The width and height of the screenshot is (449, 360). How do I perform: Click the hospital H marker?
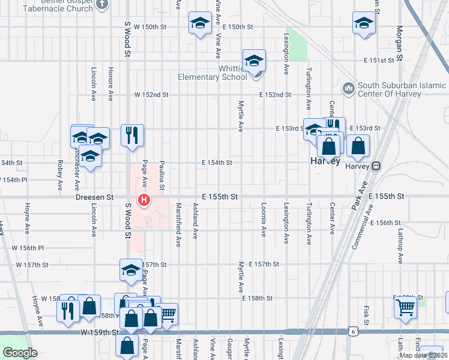(144, 200)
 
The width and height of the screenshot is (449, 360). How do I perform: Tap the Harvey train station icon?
(376, 166)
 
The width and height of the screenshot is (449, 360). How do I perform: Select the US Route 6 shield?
(353, 331)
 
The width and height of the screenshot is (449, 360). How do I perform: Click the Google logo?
(20, 353)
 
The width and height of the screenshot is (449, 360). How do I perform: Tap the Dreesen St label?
(95, 197)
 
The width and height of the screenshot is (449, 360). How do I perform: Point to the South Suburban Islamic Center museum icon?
(348, 89)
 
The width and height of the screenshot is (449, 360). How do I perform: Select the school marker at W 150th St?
(200, 24)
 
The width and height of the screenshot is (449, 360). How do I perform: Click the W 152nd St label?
(151, 95)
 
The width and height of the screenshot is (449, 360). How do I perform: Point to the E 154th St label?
(217, 163)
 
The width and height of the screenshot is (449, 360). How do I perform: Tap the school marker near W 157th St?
(130, 271)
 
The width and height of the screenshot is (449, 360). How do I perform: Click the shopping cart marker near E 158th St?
(405, 307)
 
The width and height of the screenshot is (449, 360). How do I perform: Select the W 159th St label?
(99, 332)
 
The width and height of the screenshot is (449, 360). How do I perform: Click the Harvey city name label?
(325, 161)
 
